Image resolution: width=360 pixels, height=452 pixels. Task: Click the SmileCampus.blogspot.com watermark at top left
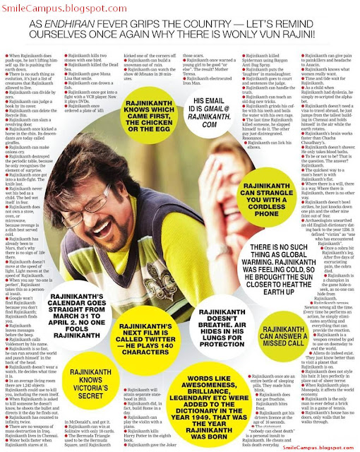(x=41, y=6)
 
